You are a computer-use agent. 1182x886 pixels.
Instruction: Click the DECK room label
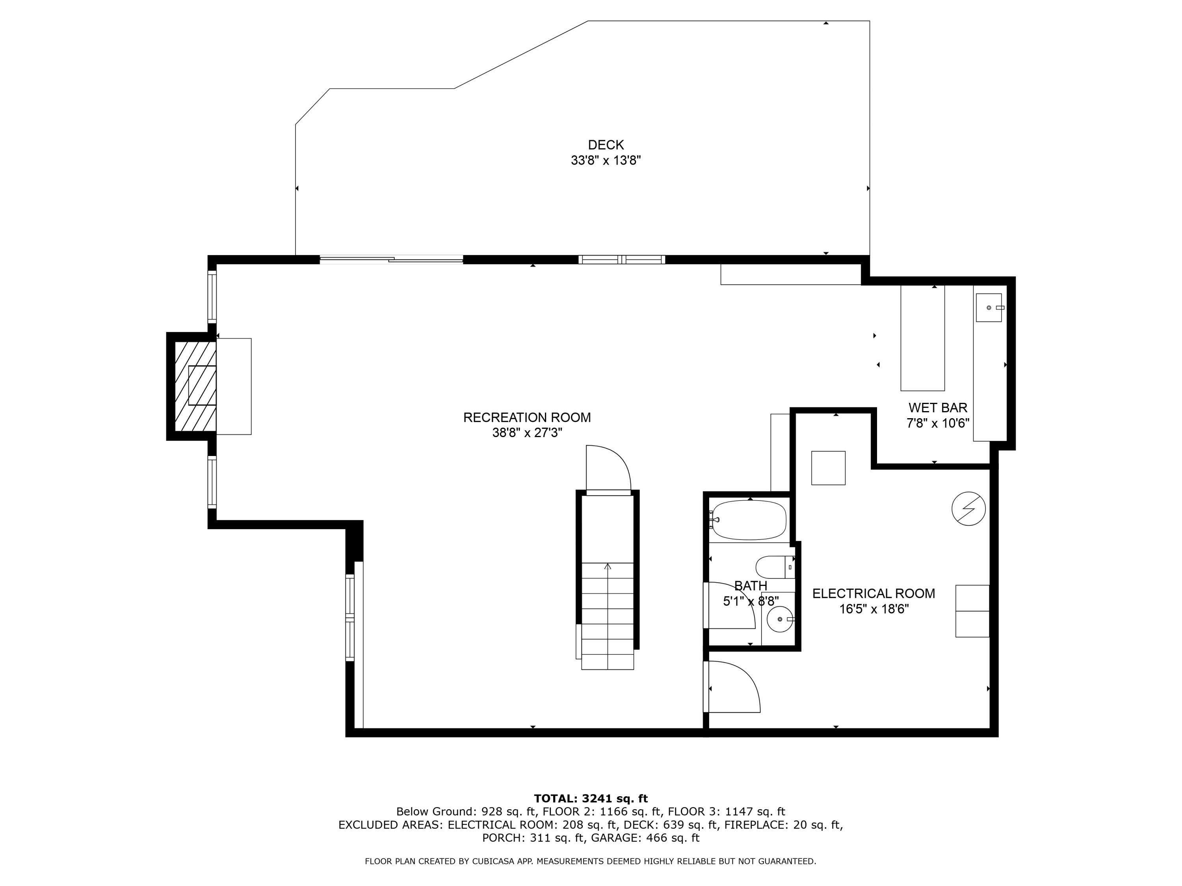tap(606, 145)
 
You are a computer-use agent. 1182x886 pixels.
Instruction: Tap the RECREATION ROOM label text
tap(527, 418)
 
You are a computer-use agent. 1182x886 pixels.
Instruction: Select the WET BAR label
tap(938, 408)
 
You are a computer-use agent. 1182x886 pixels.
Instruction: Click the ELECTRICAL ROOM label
tap(873, 593)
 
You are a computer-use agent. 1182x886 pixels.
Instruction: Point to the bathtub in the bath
tap(749, 520)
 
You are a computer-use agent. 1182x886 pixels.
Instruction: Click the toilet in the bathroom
tap(775, 567)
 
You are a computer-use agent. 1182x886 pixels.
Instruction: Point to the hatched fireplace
tap(195, 386)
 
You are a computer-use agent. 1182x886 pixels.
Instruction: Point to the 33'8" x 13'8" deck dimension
tap(606, 160)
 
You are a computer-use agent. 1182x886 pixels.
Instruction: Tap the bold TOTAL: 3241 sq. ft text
tap(591, 799)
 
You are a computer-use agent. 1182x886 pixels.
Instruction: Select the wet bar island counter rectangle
tap(922, 337)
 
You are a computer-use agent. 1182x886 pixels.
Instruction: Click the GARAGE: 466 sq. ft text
tap(643, 838)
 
